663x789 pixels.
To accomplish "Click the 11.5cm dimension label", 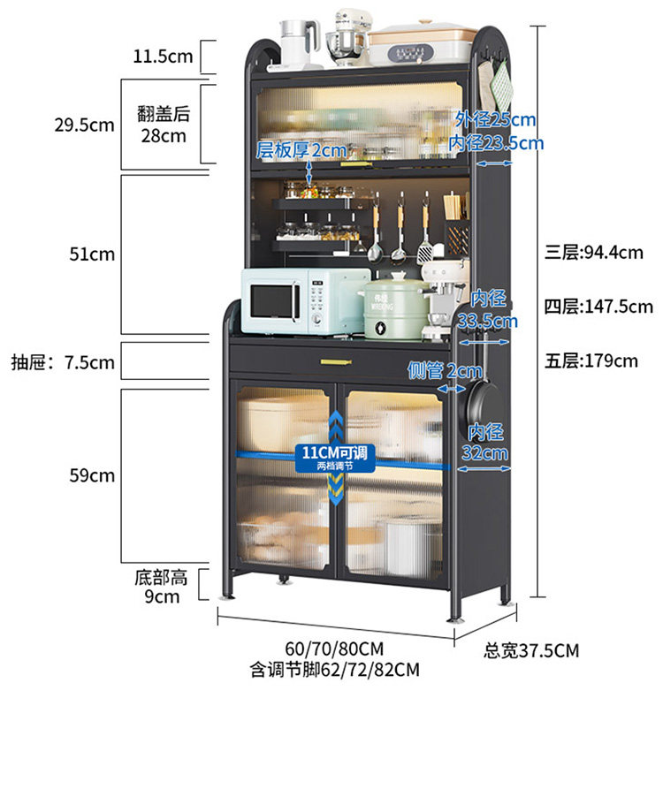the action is [163, 57].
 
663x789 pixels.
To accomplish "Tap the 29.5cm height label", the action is [84, 125].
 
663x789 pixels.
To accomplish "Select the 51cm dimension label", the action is [92, 254].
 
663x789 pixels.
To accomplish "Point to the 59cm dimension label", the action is [92, 475].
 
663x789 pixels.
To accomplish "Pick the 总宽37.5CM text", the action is [531, 651].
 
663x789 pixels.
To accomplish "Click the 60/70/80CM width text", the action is [334, 649].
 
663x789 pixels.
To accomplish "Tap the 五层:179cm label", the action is [591, 360].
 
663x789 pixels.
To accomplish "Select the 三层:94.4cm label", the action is [593, 253].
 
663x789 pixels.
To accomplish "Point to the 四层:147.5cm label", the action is [598, 307].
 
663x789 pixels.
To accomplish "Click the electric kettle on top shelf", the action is [301, 44].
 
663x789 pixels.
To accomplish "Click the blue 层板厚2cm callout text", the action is [301, 151].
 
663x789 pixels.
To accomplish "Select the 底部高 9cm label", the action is [162, 588].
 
